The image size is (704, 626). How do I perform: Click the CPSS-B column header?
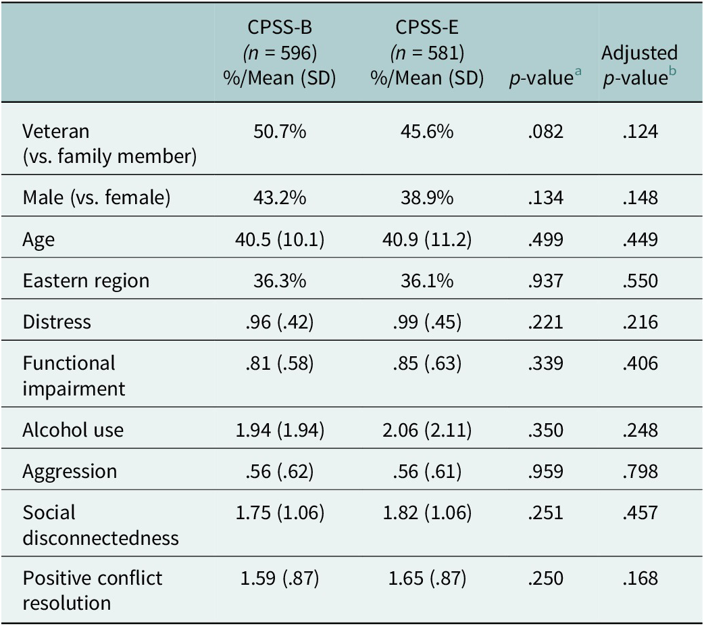[x=279, y=53]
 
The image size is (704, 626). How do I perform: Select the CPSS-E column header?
[x=427, y=53]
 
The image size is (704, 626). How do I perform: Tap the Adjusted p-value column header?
[x=639, y=65]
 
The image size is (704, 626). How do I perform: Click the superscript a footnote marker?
[x=578, y=71]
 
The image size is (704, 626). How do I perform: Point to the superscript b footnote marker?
[x=672, y=70]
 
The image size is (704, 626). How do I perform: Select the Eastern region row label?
[x=86, y=281]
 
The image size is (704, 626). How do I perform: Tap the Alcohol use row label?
[x=73, y=430]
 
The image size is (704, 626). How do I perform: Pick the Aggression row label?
[x=70, y=472]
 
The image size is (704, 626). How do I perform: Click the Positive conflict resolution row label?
[x=92, y=590]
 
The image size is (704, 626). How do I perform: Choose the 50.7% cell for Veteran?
[x=280, y=132]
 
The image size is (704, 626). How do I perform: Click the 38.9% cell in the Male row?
[x=427, y=197]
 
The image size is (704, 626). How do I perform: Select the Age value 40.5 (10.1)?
[x=280, y=239]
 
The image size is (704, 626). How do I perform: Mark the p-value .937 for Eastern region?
[x=545, y=281]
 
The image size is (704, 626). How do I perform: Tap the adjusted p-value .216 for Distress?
[x=640, y=322]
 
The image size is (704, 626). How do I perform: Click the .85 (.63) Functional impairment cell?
[x=427, y=364]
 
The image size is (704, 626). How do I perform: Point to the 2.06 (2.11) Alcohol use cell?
[x=427, y=431]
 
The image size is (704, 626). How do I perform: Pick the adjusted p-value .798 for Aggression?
[x=640, y=472]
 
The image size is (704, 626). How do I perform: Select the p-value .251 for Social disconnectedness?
[x=545, y=513]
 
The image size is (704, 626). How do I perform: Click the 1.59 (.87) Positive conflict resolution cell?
[x=280, y=579]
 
